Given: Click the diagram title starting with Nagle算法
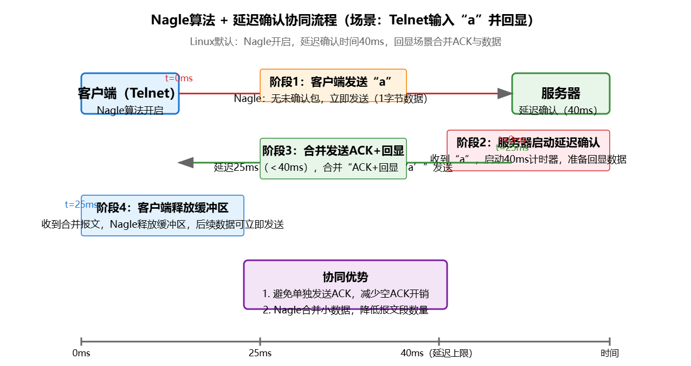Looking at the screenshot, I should [345, 21].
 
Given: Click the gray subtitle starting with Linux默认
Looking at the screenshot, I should [345, 42].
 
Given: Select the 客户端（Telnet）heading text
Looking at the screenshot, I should [127, 93].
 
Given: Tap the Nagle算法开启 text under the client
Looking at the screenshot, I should [130, 111].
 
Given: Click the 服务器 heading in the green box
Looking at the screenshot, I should [560, 93].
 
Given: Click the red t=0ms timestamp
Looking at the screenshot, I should [179, 79].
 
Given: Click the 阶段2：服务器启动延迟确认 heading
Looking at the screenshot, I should [528, 143].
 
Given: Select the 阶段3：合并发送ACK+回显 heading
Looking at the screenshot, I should [333, 151].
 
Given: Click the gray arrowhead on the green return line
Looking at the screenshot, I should [186, 162].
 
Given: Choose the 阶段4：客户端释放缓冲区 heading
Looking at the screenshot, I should [163, 208].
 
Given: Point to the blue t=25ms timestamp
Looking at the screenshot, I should [81, 204].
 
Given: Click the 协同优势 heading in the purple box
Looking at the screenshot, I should [345, 277].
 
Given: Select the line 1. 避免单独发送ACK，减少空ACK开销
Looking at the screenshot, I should [345, 294].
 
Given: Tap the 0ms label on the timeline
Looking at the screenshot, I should [81, 354].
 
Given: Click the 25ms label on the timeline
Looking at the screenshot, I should [260, 354].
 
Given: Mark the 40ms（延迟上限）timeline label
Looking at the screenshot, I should [436, 354].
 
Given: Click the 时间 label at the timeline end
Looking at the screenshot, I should [609, 354].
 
